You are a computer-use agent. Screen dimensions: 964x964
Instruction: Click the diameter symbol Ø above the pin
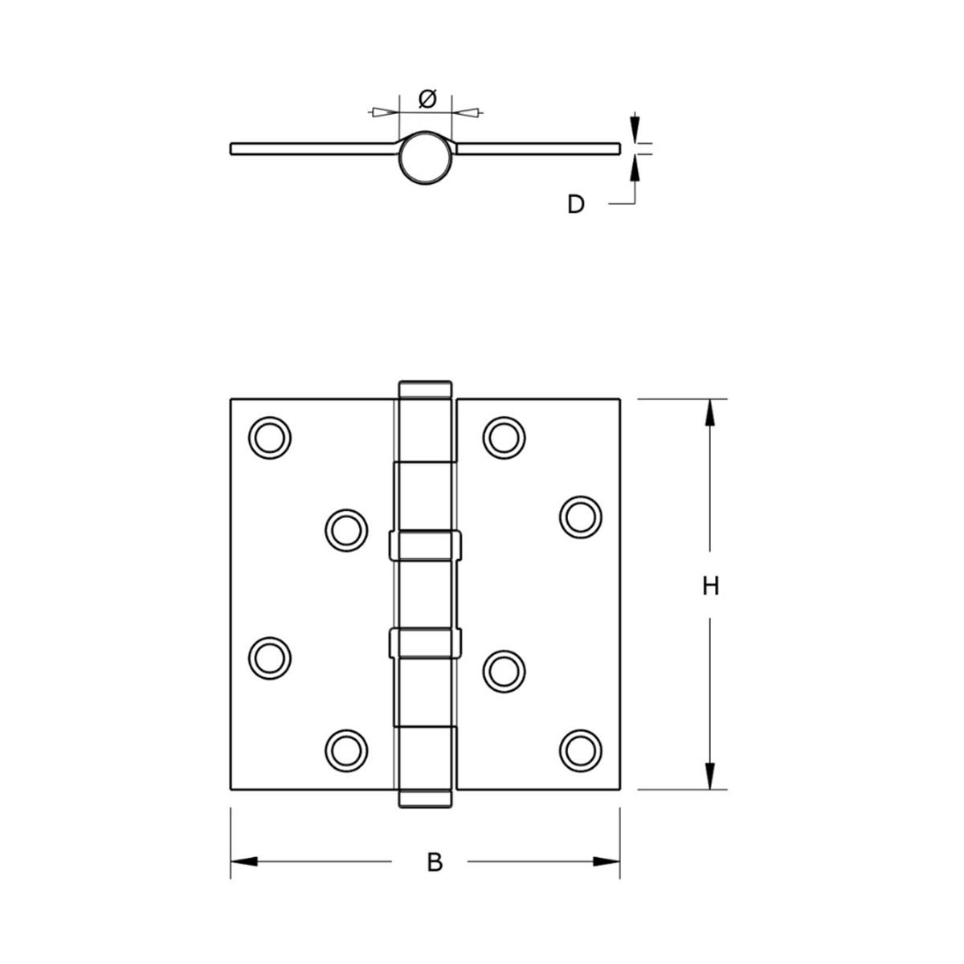point(427,99)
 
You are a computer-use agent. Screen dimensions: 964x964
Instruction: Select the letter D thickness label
point(576,205)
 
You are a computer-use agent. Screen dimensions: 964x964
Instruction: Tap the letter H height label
point(709,586)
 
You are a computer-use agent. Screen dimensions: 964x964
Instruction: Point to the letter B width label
point(435,863)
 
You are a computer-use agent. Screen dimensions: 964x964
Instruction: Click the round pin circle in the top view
point(426,157)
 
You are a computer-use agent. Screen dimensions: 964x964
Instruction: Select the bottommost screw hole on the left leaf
point(346,750)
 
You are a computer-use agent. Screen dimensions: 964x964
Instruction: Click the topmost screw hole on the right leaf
point(504,438)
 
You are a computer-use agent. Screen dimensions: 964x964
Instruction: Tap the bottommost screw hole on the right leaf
point(580,750)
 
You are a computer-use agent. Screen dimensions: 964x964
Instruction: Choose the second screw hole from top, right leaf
point(580,517)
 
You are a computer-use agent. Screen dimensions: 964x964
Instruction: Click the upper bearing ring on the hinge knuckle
point(426,545)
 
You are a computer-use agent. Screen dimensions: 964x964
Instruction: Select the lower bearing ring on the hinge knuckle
point(426,642)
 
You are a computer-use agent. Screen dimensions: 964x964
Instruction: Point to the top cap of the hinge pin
point(426,389)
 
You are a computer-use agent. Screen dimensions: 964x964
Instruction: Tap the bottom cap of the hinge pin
point(426,799)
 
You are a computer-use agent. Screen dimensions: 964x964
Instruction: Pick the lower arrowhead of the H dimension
point(709,775)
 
